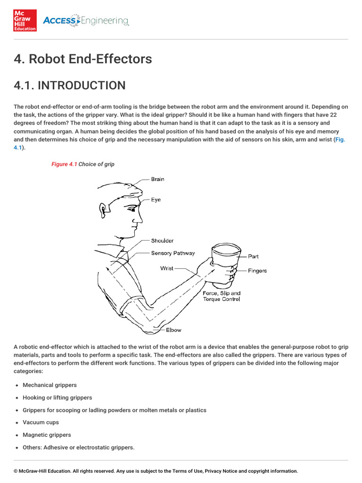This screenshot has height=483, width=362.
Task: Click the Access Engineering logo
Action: (85, 21)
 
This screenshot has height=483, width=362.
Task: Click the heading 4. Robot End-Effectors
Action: (83, 59)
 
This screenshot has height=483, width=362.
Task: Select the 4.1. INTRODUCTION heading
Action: (70, 85)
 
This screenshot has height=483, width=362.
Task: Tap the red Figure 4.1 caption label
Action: (64, 164)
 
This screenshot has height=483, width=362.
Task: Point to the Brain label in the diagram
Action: (157, 179)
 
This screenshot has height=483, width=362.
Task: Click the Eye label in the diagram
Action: (156, 200)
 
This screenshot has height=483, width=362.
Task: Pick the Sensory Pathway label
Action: (173, 253)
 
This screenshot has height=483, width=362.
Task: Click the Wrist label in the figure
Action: (167, 268)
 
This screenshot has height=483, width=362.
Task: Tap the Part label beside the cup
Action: (253, 257)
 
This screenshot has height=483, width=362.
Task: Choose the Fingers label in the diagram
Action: (257, 271)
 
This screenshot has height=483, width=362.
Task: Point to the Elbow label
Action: (173, 330)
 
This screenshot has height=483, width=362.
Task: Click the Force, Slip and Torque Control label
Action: (222, 296)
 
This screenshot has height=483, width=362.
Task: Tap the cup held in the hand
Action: (225, 264)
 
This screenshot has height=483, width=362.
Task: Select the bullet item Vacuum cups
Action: (41, 423)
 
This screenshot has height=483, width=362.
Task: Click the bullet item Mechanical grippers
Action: (49, 385)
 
